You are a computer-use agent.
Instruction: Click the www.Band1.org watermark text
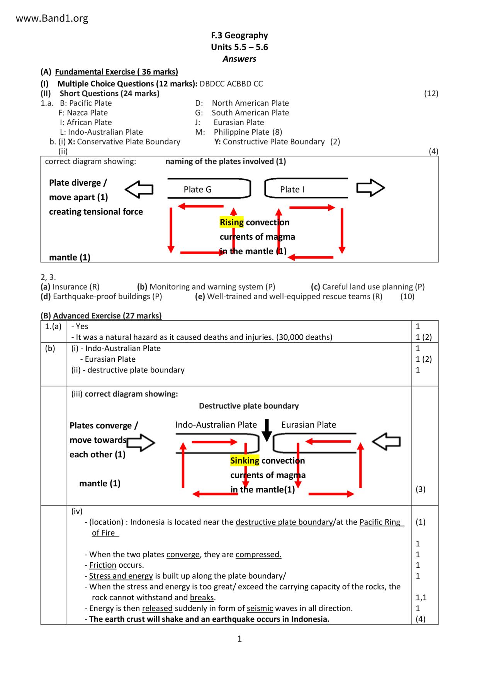pos(52,18)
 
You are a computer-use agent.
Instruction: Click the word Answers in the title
pos(239,59)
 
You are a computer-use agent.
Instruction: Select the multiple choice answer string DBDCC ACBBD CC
pos(231,84)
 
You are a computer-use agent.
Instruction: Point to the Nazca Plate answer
pos(83,113)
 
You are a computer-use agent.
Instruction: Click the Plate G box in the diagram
pos(209,189)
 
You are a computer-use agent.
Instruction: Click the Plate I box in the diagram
pos(306,189)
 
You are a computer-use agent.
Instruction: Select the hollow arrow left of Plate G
pos(139,189)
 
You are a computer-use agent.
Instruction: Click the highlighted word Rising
pos(231,222)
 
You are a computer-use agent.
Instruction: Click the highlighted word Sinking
pos(245,460)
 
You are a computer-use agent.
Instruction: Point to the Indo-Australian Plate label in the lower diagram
pos(216,425)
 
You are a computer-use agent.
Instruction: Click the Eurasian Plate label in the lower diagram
pos(308,425)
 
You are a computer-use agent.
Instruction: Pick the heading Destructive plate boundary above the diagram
pos(249,406)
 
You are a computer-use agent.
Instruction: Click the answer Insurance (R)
pos(76,287)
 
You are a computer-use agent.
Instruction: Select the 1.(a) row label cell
pos(53,327)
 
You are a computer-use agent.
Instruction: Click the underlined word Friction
pos(102,565)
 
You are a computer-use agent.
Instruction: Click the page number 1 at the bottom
pos(239,639)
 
